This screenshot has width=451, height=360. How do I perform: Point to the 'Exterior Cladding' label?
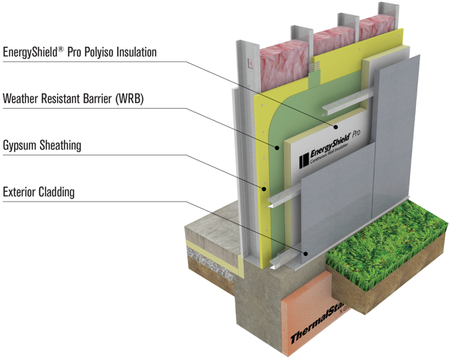tap(39, 192)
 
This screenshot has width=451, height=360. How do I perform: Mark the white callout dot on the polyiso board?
tap(336, 127)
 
